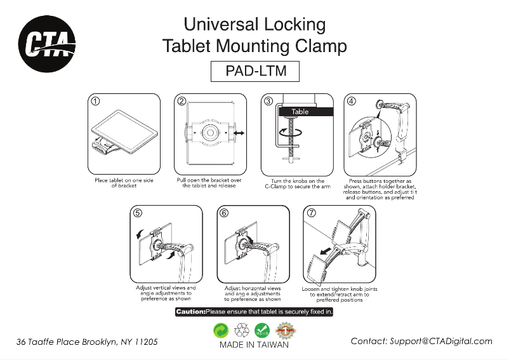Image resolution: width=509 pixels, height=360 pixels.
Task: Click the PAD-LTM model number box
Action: tap(255, 71)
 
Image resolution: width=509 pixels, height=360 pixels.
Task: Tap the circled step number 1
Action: tap(95, 101)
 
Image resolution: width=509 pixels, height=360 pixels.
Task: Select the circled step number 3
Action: tap(268, 101)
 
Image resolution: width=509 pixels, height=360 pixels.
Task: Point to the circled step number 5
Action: tap(138, 213)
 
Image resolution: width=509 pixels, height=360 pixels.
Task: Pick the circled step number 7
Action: tap(312, 213)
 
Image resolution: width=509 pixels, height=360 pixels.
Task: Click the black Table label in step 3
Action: tap(300, 112)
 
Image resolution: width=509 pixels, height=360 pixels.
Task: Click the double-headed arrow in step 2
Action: tap(240, 133)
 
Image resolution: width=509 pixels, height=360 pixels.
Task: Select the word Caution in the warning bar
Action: tap(190, 312)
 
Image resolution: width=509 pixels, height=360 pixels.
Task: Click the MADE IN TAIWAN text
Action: tap(254, 345)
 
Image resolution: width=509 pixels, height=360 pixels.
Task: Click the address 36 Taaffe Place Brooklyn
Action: tap(87, 342)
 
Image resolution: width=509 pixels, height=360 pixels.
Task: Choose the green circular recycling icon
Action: tap(221, 330)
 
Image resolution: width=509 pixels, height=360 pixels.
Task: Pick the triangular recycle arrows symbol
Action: tap(242, 330)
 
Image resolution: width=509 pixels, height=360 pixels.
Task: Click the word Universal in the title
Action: tap(219, 25)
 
